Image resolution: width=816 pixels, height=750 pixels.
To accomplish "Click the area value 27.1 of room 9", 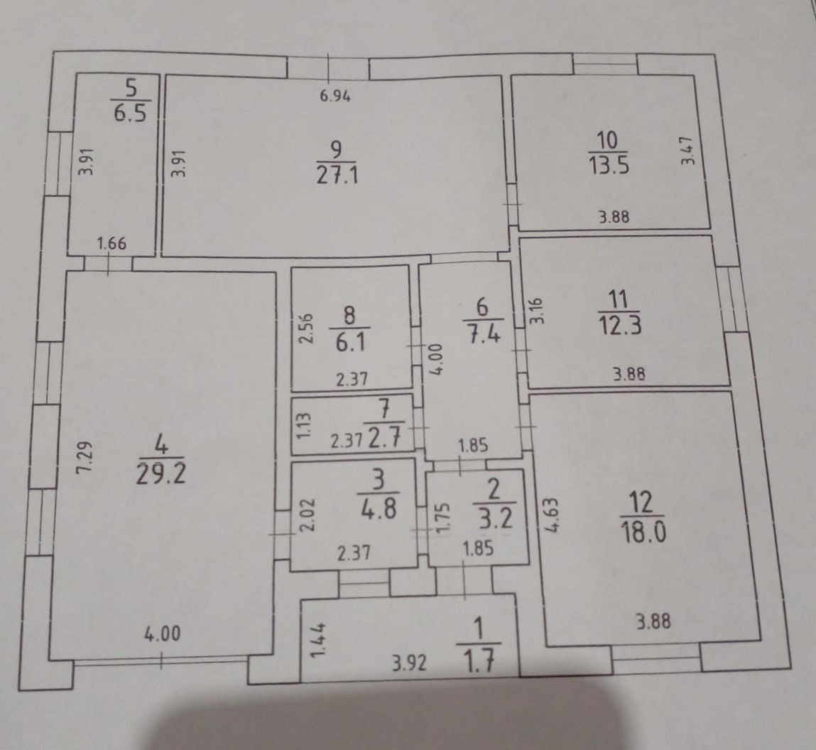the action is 337,174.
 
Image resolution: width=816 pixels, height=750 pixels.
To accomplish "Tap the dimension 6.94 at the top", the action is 336,97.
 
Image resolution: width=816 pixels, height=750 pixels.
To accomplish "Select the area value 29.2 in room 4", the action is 161,473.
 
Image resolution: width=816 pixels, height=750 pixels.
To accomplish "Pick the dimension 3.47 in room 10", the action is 687,150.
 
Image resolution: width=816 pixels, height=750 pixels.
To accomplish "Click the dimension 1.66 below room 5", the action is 111,243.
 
